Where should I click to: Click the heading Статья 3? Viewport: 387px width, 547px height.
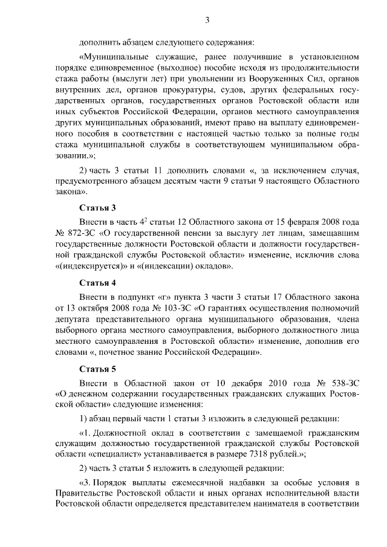pos(97,208)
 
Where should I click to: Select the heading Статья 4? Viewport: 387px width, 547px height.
pos(97,282)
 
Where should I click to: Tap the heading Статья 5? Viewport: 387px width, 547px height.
pos(97,368)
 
